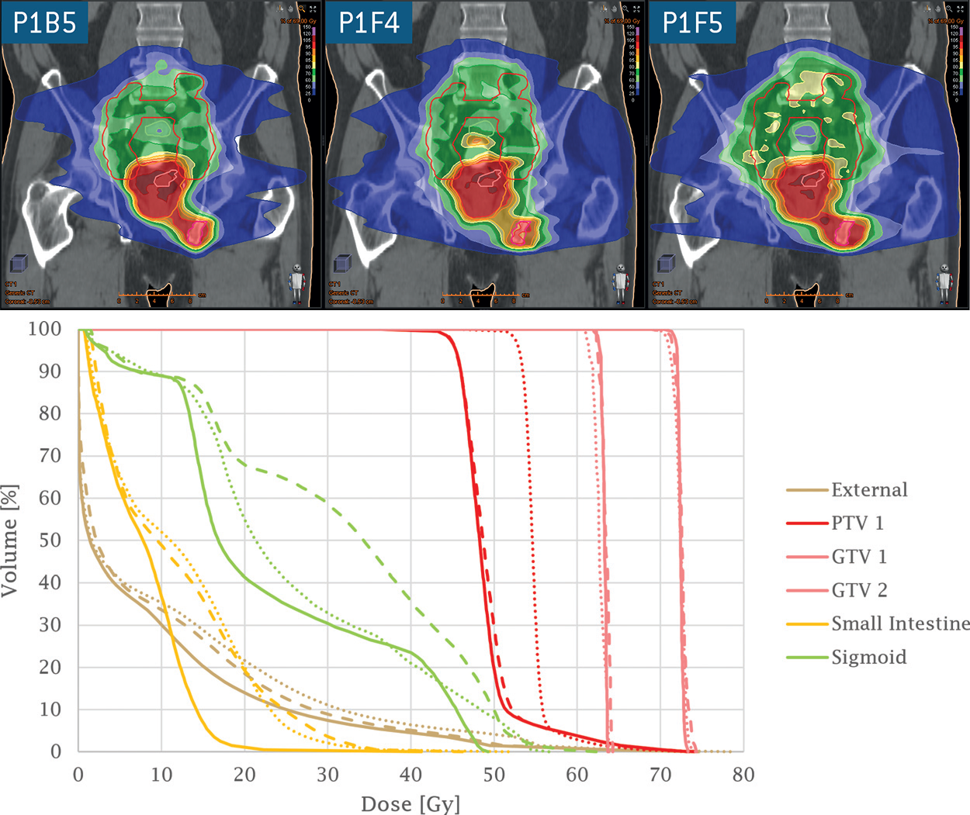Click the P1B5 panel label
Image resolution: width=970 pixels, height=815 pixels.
click(x=44, y=22)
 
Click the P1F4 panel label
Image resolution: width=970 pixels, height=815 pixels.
click(x=369, y=22)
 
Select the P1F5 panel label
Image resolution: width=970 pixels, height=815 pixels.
click(x=692, y=22)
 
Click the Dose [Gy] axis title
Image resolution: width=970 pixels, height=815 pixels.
click(x=411, y=803)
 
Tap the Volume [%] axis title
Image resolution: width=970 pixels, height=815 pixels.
click(x=10, y=540)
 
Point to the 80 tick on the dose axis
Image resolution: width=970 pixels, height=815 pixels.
click(x=743, y=774)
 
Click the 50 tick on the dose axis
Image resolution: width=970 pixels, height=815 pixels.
click(x=494, y=774)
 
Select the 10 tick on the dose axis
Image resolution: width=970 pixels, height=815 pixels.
click(x=161, y=774)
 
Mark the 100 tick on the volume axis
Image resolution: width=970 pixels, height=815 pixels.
click(x=44, y=329)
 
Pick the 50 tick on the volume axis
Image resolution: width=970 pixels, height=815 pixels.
click(x=50, y=540)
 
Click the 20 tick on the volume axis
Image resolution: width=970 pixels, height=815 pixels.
click(x=50, y=667)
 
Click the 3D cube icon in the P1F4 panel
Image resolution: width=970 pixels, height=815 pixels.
click(x=342, y=264)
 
